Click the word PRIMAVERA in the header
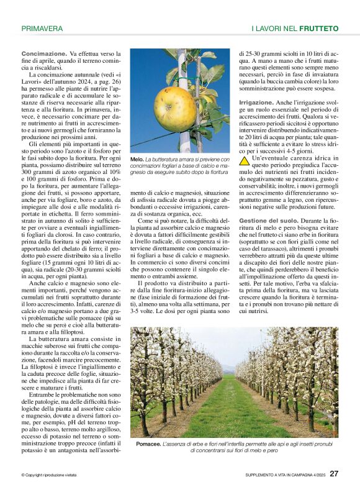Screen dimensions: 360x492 point(42,29)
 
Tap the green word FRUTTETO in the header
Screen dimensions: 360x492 point(318,29)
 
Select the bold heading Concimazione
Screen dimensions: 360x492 point(43,55)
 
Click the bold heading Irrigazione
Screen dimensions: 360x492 point(256,102)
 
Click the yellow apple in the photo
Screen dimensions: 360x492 point(174,109)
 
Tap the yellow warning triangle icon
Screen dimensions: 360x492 point(245,161)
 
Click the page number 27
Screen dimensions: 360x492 point(334,473)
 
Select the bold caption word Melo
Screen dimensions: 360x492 point(137,160)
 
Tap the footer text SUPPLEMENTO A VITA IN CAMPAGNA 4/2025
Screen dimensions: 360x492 point(285,475)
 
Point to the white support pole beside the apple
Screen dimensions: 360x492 point(184,75)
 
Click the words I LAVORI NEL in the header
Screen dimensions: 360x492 point(274,29)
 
